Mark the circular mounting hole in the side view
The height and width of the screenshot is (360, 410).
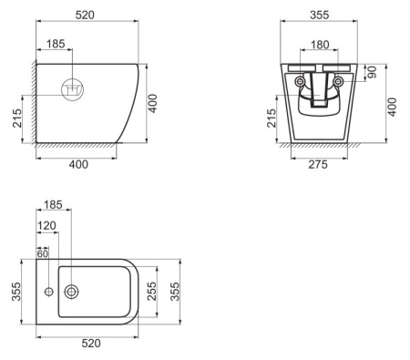(72, 89)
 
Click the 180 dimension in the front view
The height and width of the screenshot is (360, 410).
(319, 45)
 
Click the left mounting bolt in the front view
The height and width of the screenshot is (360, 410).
(301, 82)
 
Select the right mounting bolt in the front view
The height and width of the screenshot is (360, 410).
(338, 82)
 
